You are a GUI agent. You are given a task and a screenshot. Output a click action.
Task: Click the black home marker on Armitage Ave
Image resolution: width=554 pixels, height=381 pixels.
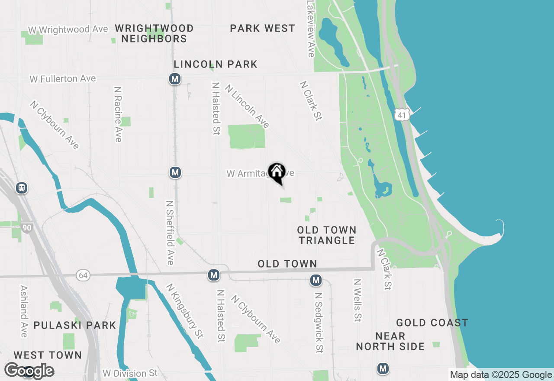[x=277, y=172]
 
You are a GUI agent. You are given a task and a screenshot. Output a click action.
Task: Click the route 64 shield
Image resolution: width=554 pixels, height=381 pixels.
[x=83, y=275]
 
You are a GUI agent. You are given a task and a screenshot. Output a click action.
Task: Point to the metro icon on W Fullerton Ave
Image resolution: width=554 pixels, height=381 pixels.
[x=174, y=79]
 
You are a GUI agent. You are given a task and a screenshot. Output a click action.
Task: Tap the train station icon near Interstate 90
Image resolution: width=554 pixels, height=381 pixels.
[x=21, y=188]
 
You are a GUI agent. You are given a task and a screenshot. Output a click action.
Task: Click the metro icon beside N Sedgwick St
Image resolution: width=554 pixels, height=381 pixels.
[x=316, y=281]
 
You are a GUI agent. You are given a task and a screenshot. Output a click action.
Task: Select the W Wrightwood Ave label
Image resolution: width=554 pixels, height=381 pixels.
[x=68, y=29]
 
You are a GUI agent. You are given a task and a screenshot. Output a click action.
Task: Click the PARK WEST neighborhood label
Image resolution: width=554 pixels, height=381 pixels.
[x=262, y=29]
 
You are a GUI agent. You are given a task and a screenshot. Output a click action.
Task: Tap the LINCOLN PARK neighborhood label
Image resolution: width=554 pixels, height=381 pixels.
[x=216, y=65]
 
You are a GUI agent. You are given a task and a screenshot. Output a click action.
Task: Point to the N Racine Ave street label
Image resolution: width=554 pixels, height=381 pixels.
[x=118, y=114]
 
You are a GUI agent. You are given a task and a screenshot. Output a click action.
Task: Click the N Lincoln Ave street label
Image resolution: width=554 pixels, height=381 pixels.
[x=247, y=106]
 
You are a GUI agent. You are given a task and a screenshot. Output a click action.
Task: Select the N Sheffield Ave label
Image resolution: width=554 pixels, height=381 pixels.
[x=170, y=232]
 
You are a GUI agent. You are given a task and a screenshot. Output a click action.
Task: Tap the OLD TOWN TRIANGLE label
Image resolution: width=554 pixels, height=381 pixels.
[x=327, y=235]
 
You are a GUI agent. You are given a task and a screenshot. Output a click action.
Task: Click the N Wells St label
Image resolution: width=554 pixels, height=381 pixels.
[x=358, y=300]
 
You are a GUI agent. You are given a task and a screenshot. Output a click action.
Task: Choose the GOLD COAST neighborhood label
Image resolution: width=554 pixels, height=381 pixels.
[x=432, y=323]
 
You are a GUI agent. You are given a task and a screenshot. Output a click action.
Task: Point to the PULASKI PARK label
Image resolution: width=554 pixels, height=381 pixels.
[x=75, y=325]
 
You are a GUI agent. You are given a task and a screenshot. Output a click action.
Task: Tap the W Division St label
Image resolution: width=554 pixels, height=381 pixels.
[x=130, y=373]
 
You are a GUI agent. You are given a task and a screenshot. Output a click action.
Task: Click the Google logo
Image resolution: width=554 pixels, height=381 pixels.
[x=29, y=371]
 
